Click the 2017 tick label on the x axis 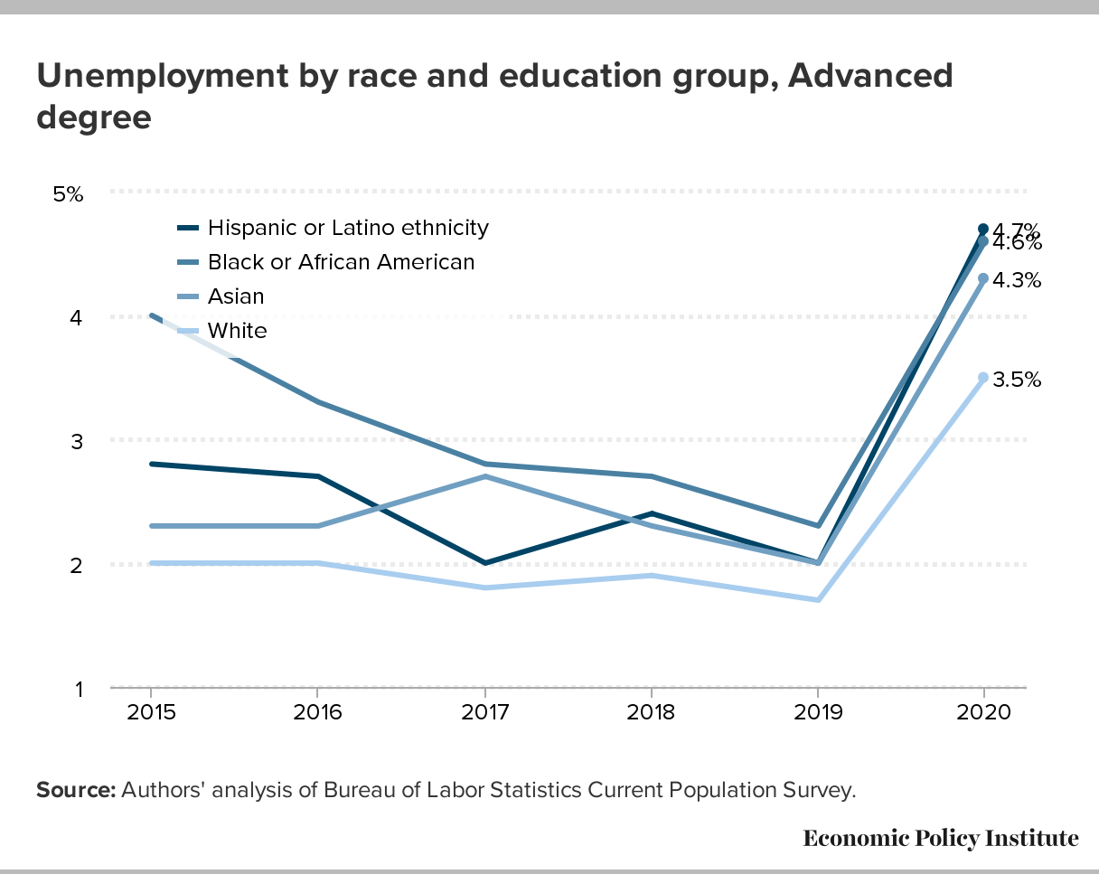click(x=484, y=712)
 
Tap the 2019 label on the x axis click(x=818, y=712)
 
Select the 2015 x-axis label click(x=151, y=712)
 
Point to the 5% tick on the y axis click(x=68, y=194)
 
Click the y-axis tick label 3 click(x=77, y=442)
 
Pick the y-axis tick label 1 click(x=79, y=690)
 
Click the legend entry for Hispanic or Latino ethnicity click(x=333, y=228)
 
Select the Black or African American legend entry click(x=326, y=262)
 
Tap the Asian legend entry click(x=221, y=296)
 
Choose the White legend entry click(x=222, y=331)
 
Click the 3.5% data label click(x=1017, y=380)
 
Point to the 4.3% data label click(x=1017, y=280)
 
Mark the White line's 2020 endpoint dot click(x=983, y=378)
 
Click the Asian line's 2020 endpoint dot click(x=983, y=278)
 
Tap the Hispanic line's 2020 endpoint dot click(x=983, y=229)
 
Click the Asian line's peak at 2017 click(x=484, y=476)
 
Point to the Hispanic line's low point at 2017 click(x=484, y=563)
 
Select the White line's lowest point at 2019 click(x=818, y=600)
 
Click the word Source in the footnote click(x=76, y=790)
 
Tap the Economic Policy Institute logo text click(x=941, y=838)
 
